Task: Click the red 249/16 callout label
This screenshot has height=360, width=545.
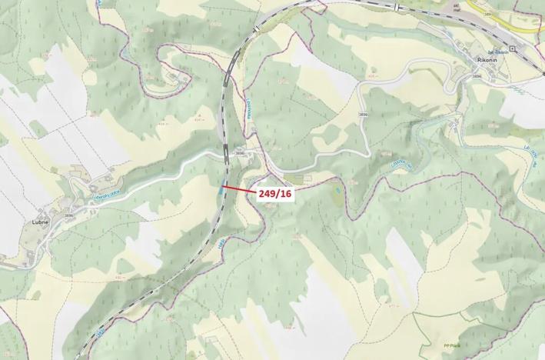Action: click(275, 194)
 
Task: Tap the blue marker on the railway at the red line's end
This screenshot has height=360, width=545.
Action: click(222, 186)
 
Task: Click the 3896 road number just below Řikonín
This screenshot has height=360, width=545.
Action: click(477, 76)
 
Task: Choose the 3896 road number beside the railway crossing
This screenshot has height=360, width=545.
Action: click(240, 153)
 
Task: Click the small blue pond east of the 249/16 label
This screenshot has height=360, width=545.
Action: click(336, 187)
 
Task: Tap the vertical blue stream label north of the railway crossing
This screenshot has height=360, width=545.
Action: click(249, 116)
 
